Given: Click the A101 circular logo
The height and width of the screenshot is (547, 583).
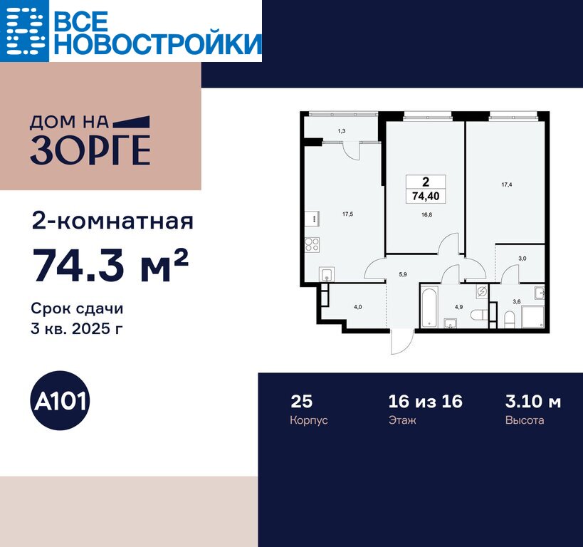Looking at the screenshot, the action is [60, 401].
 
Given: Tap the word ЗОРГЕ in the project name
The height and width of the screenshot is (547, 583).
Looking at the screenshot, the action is [90, 150].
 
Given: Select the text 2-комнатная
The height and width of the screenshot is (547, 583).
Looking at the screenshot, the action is [112, 222].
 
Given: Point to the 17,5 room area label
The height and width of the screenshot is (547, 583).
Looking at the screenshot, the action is [347, 214].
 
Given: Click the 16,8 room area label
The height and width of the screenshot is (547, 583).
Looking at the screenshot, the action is [426, 214].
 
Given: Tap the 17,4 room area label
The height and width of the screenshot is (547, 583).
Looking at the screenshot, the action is [507, 184].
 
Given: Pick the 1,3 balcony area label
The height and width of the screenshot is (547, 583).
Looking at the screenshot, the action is [341, 131].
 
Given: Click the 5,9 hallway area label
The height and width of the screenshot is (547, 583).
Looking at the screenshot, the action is [403, 274].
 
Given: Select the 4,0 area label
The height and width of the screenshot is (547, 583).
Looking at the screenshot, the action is [357, 307].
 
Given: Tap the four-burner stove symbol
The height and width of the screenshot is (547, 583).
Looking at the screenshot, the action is [312, 244].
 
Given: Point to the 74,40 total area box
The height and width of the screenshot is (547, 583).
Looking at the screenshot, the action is [426, 189].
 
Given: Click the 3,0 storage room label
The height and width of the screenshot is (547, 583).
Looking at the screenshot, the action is [522, 259].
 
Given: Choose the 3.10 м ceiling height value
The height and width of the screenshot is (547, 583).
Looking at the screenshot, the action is [533, 402].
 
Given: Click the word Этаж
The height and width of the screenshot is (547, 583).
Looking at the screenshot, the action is [402, 420].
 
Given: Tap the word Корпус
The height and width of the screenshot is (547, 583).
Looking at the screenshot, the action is [309, 420].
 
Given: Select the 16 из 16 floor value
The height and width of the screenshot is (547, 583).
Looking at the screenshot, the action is [426, 402].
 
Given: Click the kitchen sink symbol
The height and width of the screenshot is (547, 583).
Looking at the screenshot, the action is [327, 274].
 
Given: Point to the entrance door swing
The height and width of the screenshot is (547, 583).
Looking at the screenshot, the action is [402, 342].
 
